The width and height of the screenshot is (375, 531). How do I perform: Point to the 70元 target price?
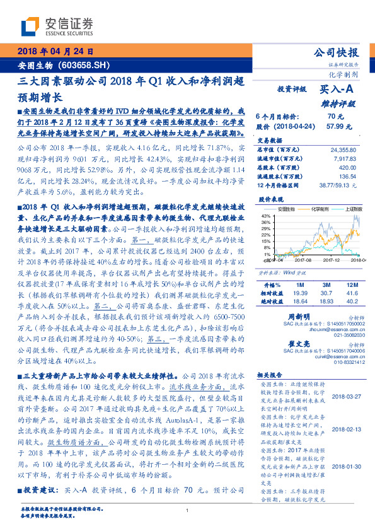click(335, 117)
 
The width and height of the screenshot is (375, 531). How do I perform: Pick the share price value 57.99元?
click(335, 126)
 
